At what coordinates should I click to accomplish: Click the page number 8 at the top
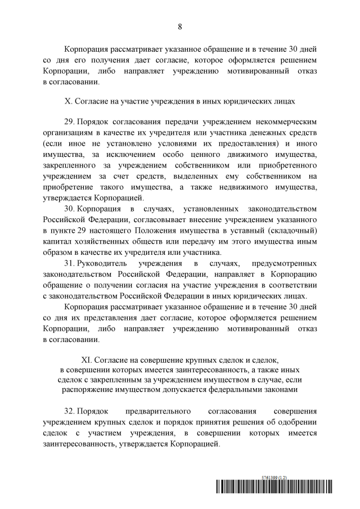[180, 26]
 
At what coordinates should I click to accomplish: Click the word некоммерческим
[287, 123]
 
